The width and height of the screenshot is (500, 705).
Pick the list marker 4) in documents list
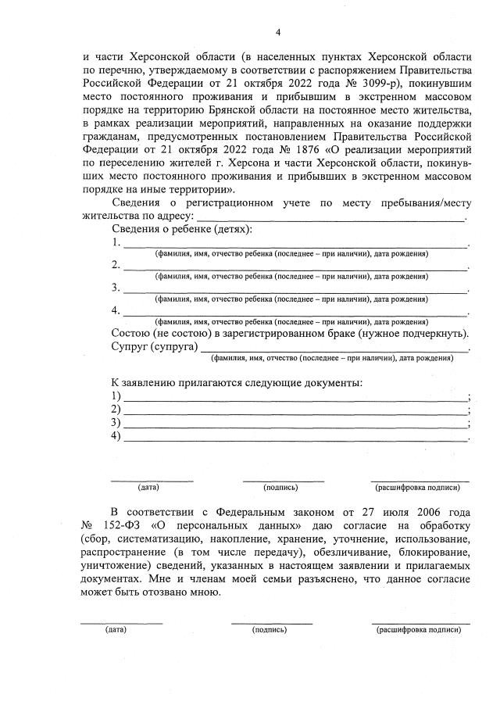tap(116, 437)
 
